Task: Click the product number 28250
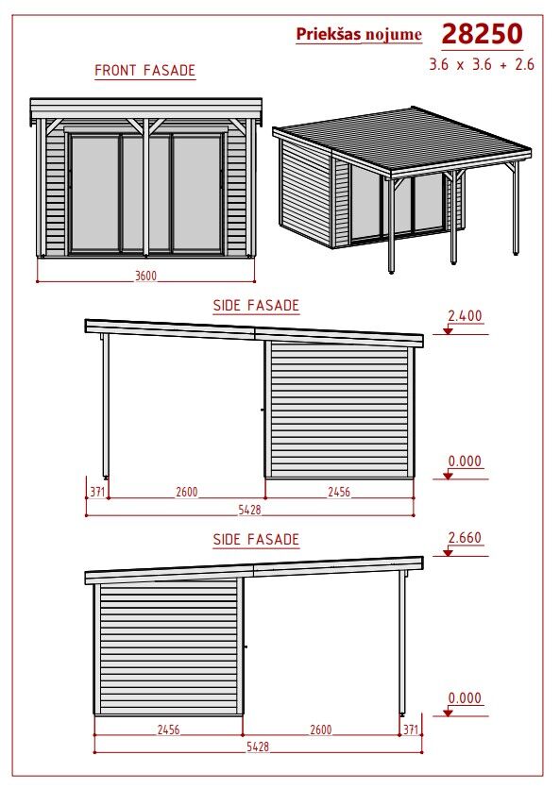(x=482, y=34)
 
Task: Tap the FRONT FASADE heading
(x=145, y=70)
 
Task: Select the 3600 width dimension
(x=145, y=276)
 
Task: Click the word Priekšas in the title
(x=329, y=34)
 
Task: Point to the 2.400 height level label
(x=465, y=316)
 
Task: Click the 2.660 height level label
(x=465, y=537)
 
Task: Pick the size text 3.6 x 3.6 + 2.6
(x=482, y=64)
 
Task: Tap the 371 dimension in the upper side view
(x=97, y=492)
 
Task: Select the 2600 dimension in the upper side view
(x=186, y=492)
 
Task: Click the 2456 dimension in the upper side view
(x=339, y=492)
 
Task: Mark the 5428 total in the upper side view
(x=250, y=510)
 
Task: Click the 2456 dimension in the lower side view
(x=168, y=730)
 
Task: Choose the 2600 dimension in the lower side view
(x=321, y=730)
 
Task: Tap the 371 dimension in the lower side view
(x=411, y=730)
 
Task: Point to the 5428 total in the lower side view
(x=258, y=747)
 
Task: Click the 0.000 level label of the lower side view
(x=465, y=697)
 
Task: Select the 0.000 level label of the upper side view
(x=465, y=461)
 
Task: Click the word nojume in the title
(x=394, y=35)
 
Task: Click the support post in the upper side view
(x=106, y=405)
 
